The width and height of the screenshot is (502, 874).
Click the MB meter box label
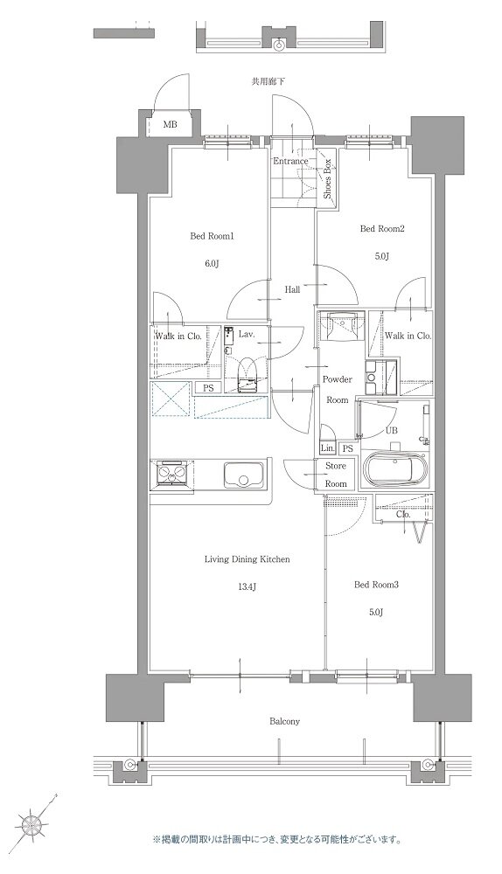point(171,124)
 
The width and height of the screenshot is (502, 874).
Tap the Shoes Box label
point(328,179)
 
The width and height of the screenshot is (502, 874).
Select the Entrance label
point(290,161)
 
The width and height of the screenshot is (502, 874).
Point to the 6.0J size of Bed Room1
point(211,263)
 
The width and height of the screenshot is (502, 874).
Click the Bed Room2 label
point(381,228)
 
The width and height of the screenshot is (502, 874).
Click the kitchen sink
point(243,475)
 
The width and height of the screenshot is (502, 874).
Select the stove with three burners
point(171,474)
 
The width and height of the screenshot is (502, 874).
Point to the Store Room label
point(336,475)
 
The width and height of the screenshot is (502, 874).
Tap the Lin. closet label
point(327,448)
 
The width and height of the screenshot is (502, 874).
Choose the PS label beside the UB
point(348,448)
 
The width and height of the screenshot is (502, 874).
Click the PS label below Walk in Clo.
point(208,388)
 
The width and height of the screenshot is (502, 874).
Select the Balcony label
point(284,721)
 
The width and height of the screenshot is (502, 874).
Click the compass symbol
point(31,822)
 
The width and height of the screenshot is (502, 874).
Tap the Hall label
point(292,290)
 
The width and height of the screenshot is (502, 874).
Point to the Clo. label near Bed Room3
point(403,515)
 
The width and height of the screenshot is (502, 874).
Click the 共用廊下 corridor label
point(268,82)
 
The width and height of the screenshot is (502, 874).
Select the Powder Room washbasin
point(339,325)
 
